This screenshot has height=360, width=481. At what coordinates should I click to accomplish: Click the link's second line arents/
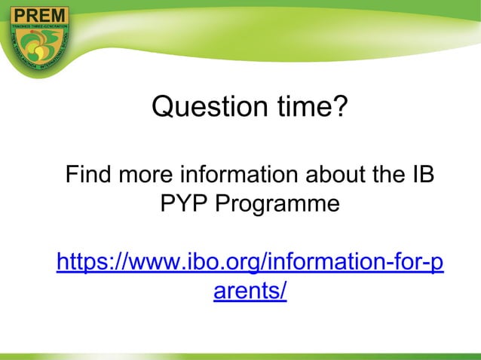tap(250, 291)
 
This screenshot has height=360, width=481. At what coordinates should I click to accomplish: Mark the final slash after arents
tap(283, 291)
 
